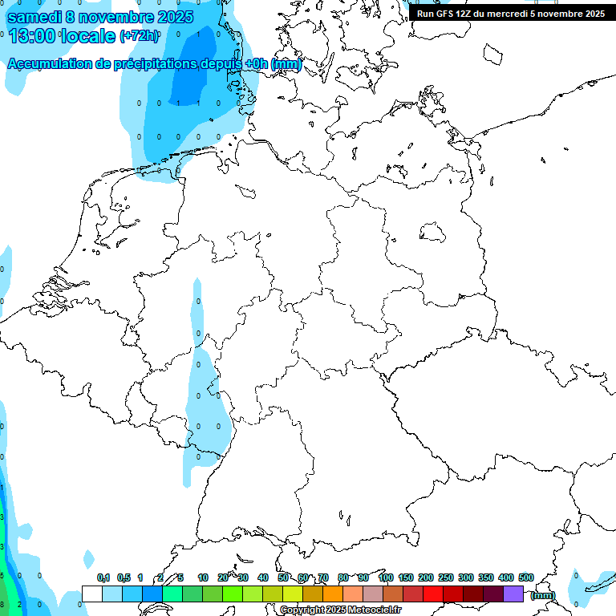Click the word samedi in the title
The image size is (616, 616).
coord(35,17)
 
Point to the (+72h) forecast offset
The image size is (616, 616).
coord(140,36)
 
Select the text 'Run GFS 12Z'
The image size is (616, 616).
coord(447,14)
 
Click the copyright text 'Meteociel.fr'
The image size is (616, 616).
coord(375,610)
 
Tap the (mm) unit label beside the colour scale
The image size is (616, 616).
coord(543,595)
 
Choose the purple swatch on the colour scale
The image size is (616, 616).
coord(513,594)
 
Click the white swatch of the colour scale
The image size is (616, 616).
coord(91,594)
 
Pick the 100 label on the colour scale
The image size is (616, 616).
coord(385,577)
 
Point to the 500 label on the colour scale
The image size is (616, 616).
coord(526,577)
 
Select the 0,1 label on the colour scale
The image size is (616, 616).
coord(103,577)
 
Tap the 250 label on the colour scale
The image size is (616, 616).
coord(446,577)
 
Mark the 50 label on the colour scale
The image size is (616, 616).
coord(283,577)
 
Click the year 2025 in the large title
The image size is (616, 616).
coord(170,17)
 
